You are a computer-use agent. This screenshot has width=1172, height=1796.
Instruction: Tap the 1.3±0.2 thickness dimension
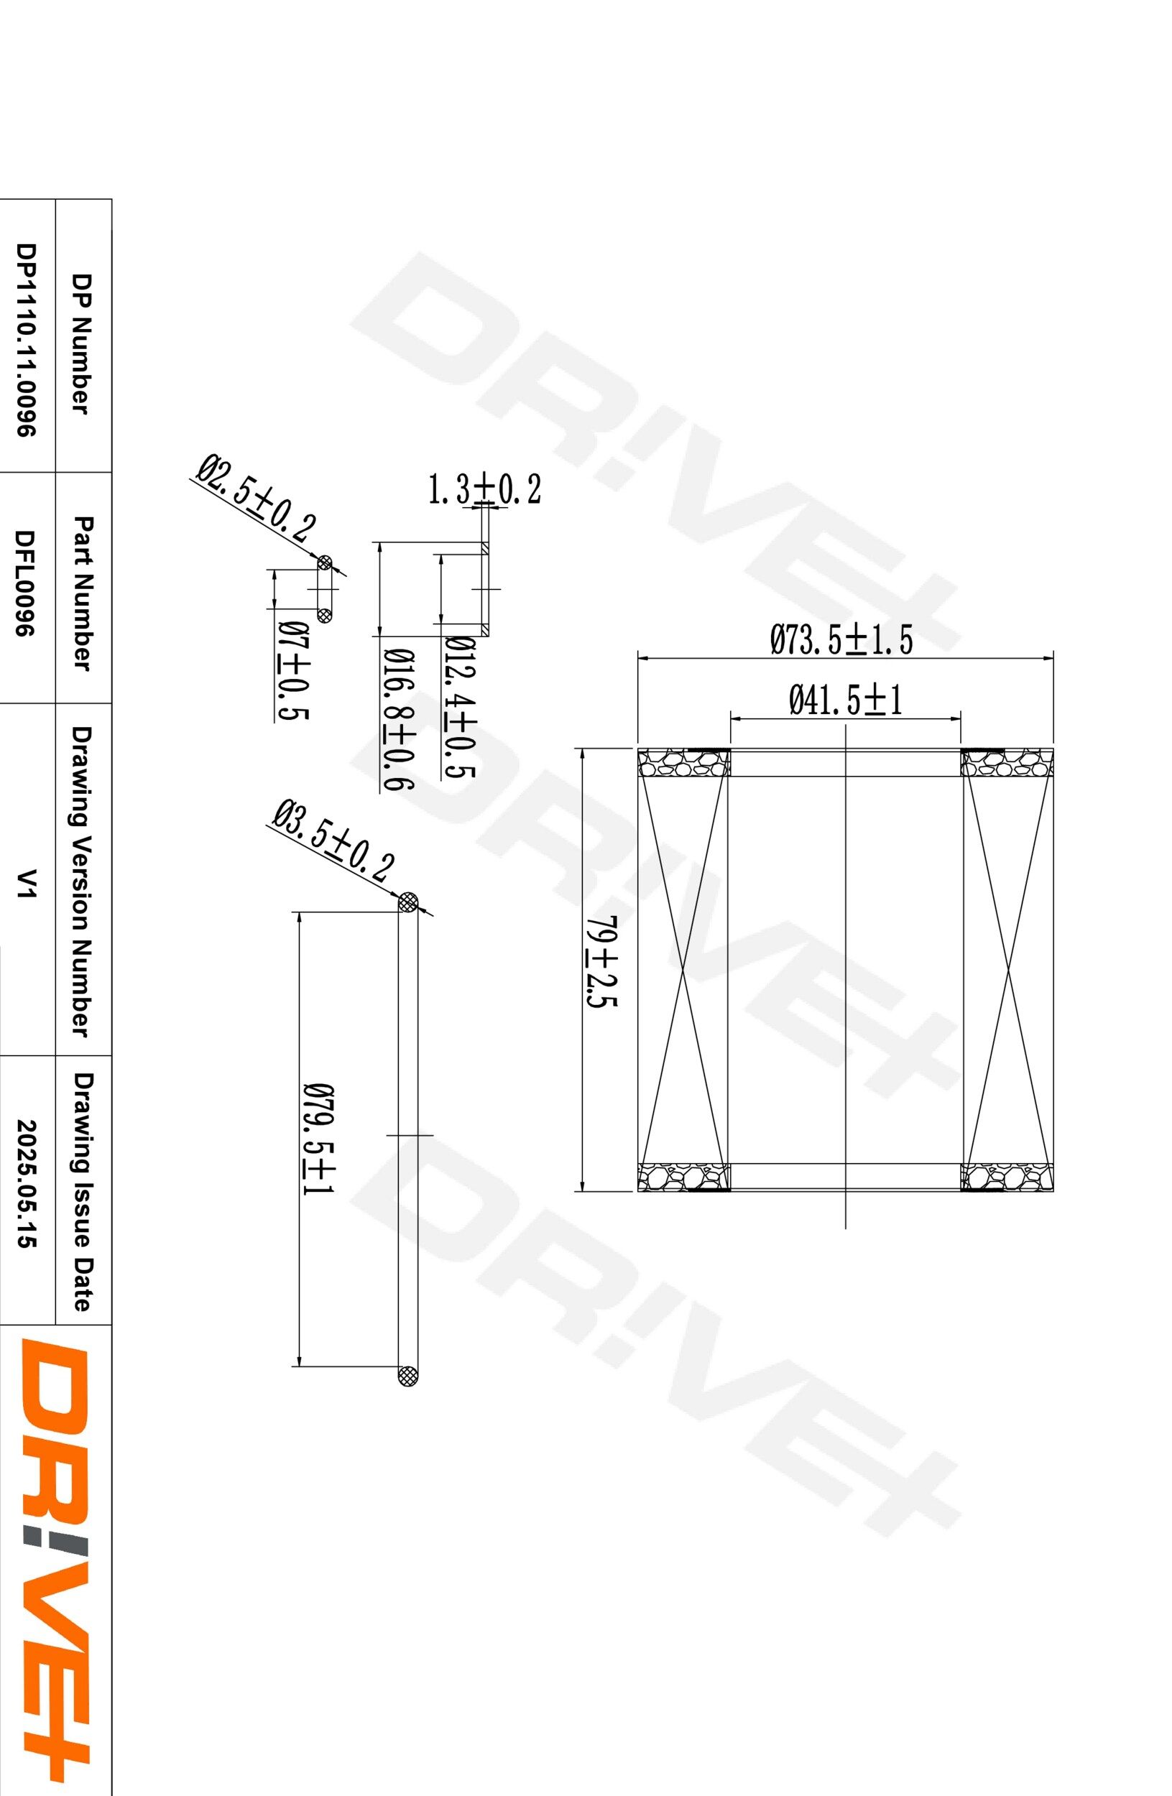point(484,490)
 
